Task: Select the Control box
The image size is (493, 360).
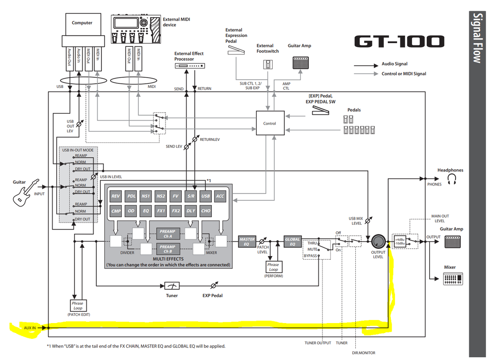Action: [270, 123]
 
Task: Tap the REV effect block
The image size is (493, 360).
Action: [116, 196]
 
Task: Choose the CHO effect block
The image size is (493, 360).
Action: [206, 211]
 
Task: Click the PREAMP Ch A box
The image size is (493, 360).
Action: [167, 234]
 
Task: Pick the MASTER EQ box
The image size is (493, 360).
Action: [247, 242]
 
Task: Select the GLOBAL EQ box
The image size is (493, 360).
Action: [292, 242]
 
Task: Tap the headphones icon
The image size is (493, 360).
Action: [452, 180]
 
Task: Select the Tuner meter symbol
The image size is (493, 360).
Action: [171, 286]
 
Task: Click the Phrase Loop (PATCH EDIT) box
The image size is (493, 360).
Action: [78, 306]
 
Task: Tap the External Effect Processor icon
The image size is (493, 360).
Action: [191, 66]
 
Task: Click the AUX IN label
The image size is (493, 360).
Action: [30, 328]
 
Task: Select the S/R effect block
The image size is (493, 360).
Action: [191, 196]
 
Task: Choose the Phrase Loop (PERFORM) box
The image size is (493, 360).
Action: [273, 267]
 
